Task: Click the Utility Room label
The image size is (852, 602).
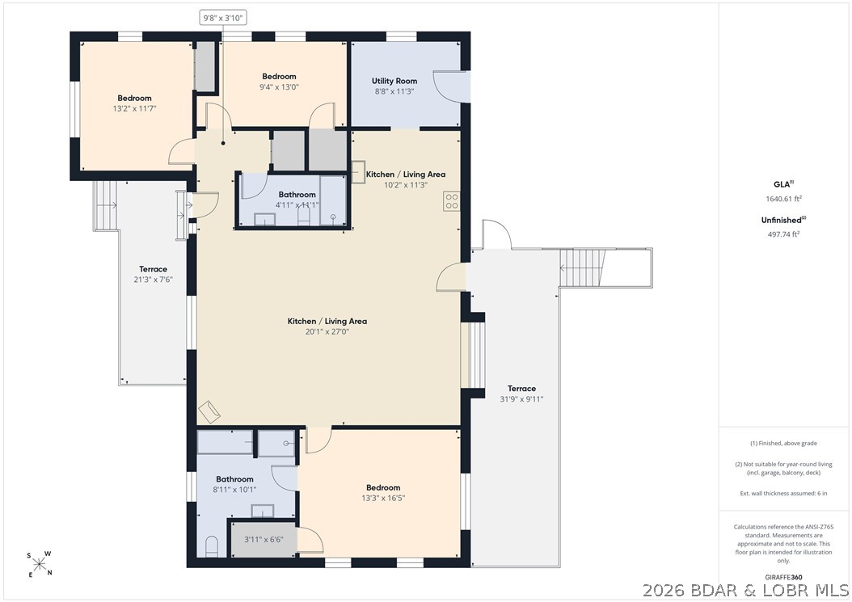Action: [394, 81]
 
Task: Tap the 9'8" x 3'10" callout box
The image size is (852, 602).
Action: [223, 18]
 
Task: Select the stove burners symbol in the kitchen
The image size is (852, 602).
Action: [452, 201]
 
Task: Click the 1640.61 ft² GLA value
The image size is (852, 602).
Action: [783, 199]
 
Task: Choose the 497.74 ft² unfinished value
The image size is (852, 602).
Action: [783, 234]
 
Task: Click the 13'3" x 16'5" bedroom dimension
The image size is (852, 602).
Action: [383, 499]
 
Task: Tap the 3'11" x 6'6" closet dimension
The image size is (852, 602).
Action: [263, 540]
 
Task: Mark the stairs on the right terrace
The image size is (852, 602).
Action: [582, 267]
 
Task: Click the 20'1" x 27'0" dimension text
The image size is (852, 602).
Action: [327, 331]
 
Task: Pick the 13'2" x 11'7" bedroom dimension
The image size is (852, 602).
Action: [134, 108]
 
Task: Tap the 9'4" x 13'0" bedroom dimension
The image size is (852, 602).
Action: [280, 87]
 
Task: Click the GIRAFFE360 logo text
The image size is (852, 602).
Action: [783, 577]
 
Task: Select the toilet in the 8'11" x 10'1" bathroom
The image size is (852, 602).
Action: [212, 546]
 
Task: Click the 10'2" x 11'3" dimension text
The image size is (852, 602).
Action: [405, 185]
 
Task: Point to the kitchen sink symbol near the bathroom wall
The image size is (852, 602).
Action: [358, 172]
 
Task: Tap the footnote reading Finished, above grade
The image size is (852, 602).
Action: [783, 444]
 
